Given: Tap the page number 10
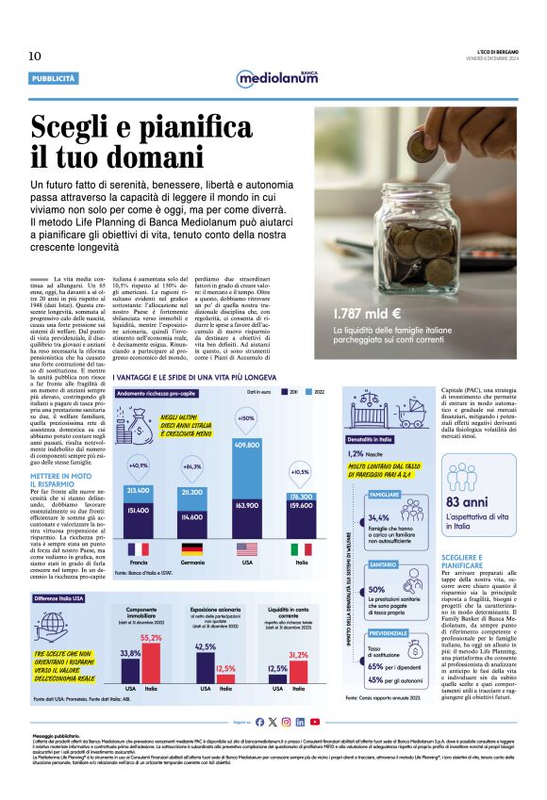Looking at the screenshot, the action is click(35, 56).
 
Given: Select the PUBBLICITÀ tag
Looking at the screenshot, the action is click(54, 78).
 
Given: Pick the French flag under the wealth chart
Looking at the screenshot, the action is click(138, 548).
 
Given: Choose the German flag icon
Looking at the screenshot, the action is click(192, 548).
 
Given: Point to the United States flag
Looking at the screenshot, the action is click(247, 548).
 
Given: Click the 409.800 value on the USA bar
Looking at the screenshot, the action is click(247, 445).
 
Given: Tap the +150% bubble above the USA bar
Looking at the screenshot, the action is click(247, 418).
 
